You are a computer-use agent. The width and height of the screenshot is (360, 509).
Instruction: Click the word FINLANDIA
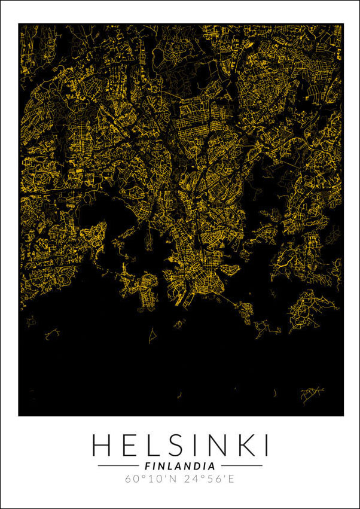point(180,465)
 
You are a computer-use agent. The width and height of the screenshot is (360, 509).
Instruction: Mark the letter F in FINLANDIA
point(148,465)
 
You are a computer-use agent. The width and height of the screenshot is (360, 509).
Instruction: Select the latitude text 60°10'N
point(148,478)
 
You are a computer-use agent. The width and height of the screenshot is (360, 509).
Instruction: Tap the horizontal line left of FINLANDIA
point(118,465)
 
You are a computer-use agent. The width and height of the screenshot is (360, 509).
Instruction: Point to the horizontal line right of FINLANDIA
point(242,465)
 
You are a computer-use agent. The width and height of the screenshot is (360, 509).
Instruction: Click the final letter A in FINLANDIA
point(212,465)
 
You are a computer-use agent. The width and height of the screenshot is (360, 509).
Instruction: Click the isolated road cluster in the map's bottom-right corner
point(312,393)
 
